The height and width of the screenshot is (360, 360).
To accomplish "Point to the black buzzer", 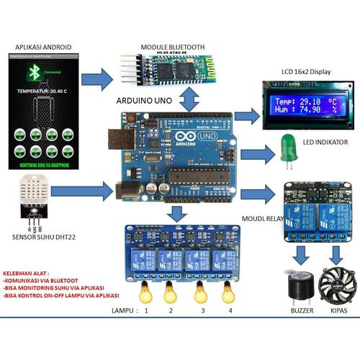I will pyautogui.click(x=295, y=288).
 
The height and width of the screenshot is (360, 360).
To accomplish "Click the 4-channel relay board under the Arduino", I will pyautogui.click(x=187, y=248).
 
